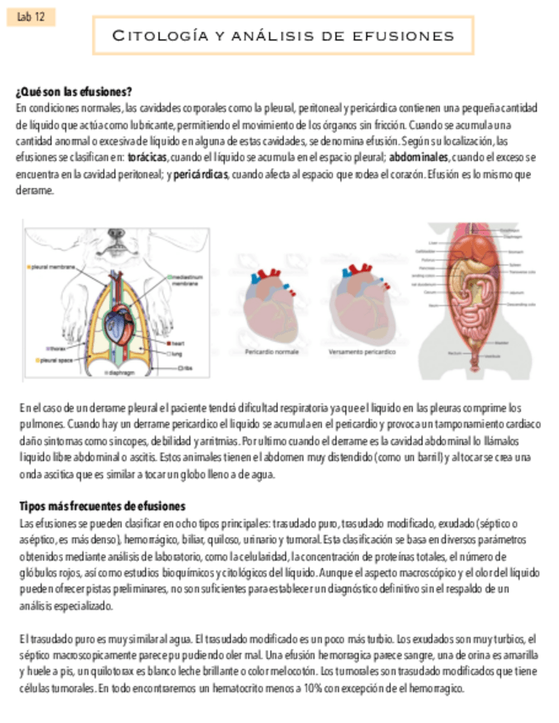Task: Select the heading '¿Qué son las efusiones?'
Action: [x=73, y=91]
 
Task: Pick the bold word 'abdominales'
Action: [x=418, y=158]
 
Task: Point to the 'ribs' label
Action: [x=187, y=367]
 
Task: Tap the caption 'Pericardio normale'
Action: [x=271, y=350]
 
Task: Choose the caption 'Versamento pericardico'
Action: [x=361, y=350]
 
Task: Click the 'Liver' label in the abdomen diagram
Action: [x=433, y=242]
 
